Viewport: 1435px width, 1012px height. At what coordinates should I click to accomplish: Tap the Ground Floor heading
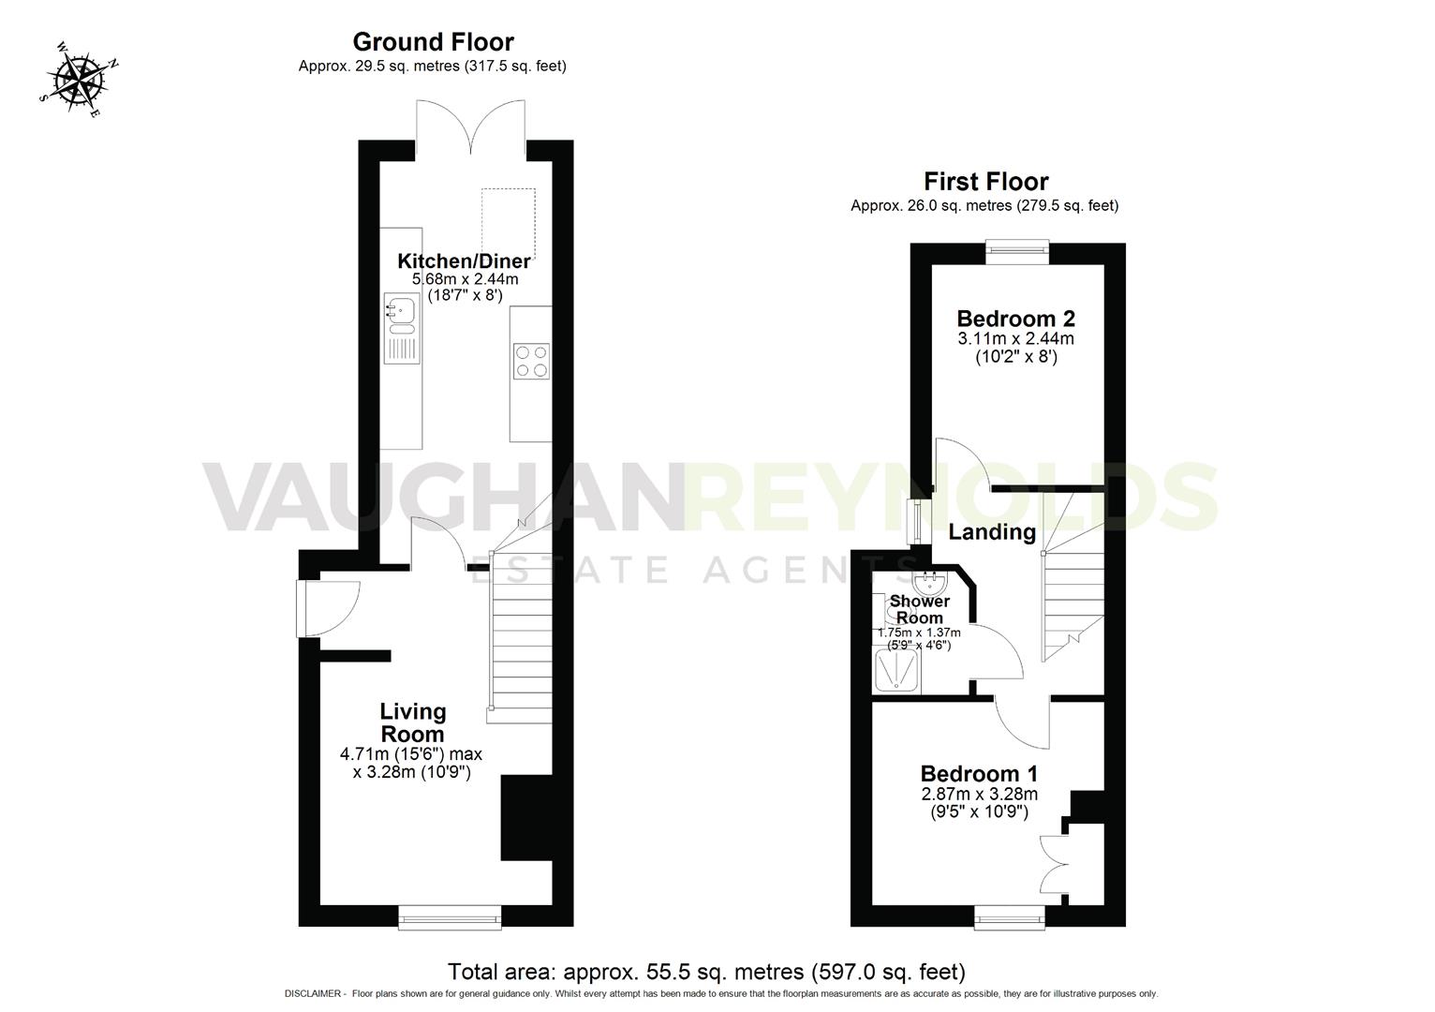433,42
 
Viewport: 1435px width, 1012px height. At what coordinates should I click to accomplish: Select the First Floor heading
985,181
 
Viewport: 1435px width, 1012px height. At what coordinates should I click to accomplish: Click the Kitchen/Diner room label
464,261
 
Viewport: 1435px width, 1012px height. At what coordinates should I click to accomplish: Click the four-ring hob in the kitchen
531,361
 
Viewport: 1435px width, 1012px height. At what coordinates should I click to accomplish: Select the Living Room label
412,722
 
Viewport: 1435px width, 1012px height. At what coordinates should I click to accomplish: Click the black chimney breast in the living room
526,818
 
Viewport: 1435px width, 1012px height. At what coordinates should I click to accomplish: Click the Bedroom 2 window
1017,248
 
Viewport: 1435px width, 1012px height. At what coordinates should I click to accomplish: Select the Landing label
992,532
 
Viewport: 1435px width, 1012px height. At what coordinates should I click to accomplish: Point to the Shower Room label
919,609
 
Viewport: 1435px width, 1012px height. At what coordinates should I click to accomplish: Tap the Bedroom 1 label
979,774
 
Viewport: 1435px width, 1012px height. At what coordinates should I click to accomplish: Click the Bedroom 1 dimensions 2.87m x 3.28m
979,794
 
